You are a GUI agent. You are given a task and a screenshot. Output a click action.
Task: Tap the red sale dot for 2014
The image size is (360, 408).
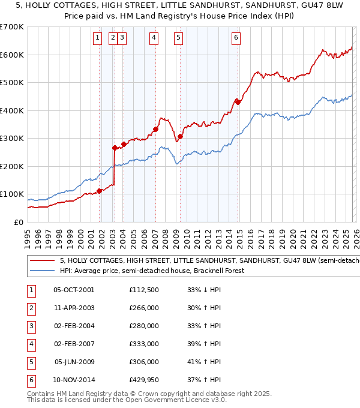(x=238, y=102)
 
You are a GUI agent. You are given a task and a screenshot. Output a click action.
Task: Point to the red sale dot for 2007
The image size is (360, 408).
(x=155, y=129)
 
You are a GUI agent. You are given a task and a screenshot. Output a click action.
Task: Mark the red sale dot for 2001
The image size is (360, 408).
(x=100, y=191)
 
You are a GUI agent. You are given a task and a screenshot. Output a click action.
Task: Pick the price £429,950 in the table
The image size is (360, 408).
(x=145, y=380)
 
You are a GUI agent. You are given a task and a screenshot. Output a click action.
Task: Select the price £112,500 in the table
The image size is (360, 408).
(x=145, y=290)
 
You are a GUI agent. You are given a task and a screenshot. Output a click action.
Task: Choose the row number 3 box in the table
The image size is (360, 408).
(x=31, y=326)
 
